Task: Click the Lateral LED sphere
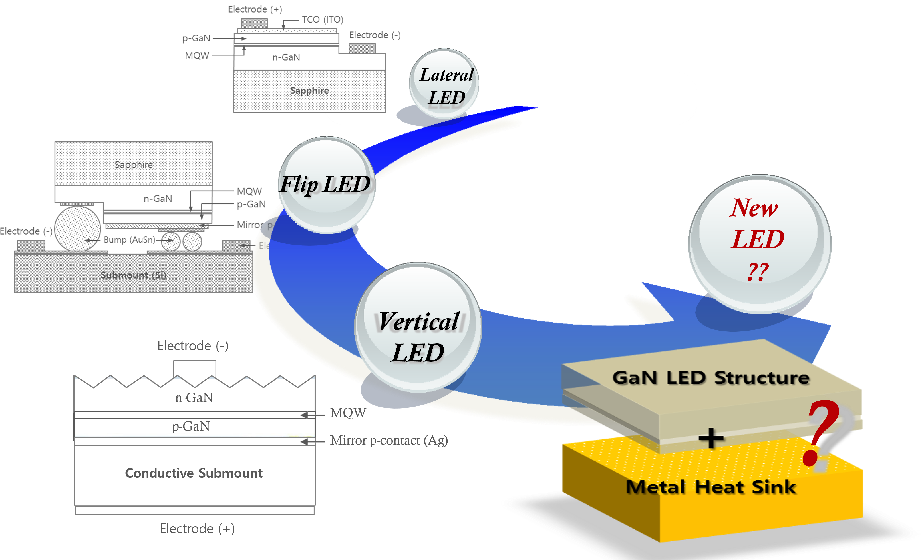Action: pos(444,84)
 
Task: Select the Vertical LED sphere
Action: pos(418,328)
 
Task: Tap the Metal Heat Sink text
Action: pos(711,487)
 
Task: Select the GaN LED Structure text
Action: pos(711,378)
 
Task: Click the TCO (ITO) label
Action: pos(323,19)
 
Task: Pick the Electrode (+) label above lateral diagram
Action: pos(255,9)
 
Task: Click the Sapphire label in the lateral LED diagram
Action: pos(309,91)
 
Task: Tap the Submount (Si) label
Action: pos(133,275)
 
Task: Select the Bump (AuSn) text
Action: pos(129,240)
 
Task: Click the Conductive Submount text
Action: pos(194,473)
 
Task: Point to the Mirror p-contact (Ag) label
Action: pos(389,441)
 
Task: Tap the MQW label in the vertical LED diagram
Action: pos(348,413)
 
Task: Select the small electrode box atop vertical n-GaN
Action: pos(195,369)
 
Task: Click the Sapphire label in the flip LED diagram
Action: pos(134,165)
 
